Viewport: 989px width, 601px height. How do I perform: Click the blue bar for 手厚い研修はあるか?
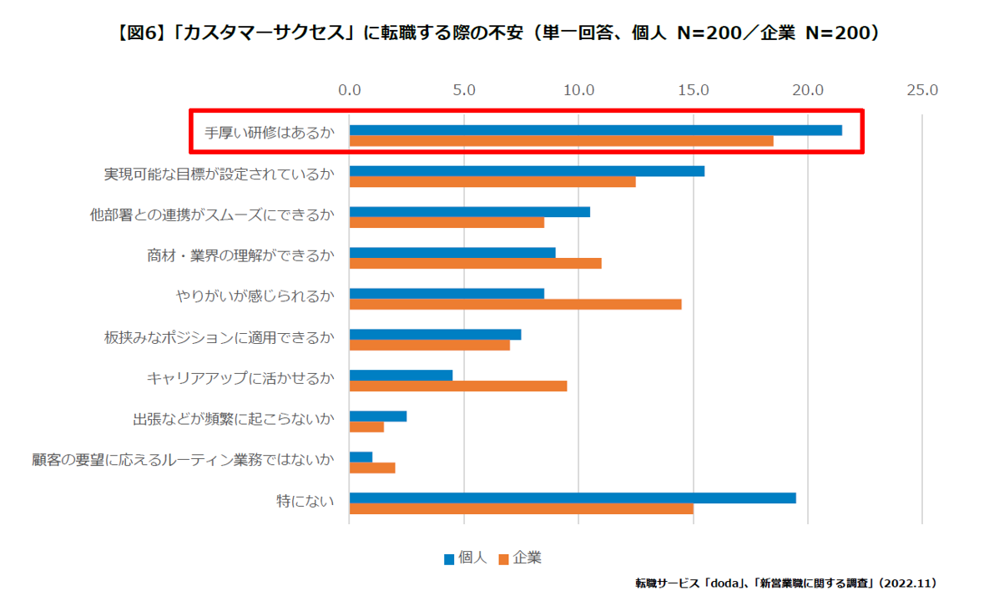point(595,129)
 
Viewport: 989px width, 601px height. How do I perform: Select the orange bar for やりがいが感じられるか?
point(515,304)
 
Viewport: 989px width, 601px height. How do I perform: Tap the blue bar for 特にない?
point(573,497)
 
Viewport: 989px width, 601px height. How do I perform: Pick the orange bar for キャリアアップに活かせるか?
point(458,386)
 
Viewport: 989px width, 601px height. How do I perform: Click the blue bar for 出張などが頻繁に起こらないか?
point(378,416)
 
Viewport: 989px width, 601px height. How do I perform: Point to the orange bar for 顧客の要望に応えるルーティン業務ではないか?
point(372,467)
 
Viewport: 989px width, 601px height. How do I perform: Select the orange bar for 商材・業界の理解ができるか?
point(475,263)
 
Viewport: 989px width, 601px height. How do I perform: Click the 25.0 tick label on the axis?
point(922,89)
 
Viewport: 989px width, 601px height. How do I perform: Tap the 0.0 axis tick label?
point(350,89)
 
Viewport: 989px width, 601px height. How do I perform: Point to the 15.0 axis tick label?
point(694,89)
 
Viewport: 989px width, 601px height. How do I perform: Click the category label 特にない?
point(305,501)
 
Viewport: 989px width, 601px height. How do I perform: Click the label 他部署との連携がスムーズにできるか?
point(212,215)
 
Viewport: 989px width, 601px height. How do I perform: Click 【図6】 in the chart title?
point(137,33)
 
